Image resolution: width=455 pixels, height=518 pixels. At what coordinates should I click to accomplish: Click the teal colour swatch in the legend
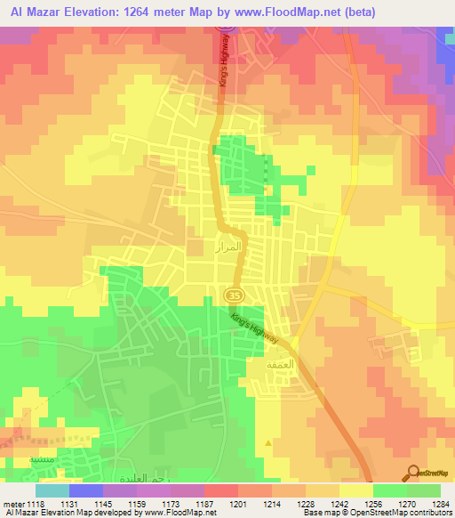pyautogui.click(x=52, y=490)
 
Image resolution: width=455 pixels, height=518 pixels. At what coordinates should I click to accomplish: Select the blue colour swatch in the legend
pyautogui.click(x=85, y=490)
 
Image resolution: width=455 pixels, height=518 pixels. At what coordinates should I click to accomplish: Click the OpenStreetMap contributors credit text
pyautogui.click(x=408, y=514)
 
